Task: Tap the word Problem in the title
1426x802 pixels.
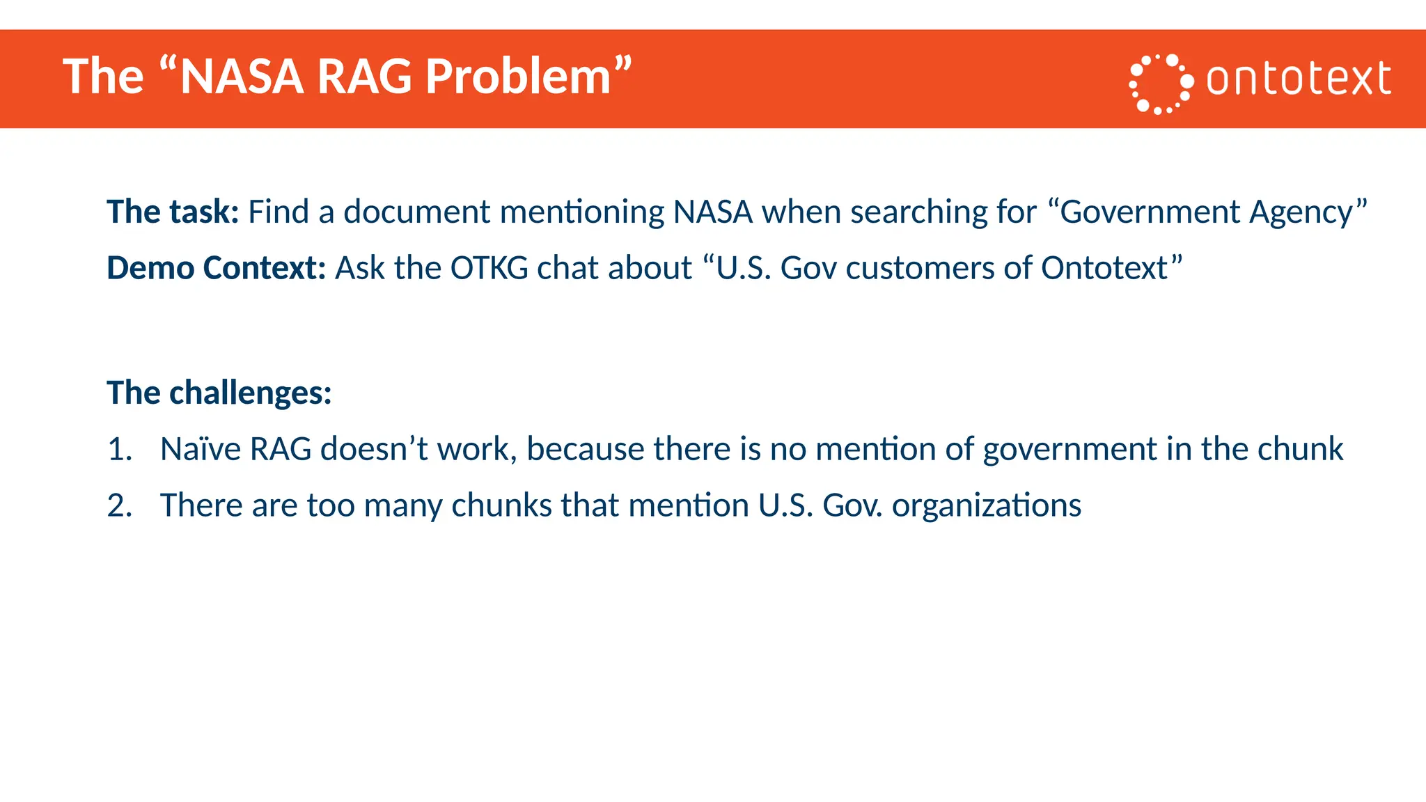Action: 518,76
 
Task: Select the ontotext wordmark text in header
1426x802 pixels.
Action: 1299,78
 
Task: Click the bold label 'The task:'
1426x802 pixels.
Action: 173,212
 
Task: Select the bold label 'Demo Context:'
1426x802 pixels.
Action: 216,268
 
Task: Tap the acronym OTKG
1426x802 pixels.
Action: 489,268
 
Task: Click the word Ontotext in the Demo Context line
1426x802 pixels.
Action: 1104,268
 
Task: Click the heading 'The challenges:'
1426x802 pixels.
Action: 219,393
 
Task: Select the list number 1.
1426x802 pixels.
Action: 119,449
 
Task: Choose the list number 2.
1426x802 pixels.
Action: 119,505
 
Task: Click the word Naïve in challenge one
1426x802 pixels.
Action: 201,449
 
